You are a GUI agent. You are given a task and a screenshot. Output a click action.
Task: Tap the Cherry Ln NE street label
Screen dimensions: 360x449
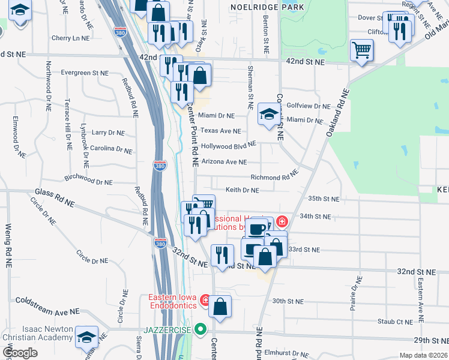[x=71, y=38]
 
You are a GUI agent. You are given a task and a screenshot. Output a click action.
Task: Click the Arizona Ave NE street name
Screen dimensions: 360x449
[x=224, y=161]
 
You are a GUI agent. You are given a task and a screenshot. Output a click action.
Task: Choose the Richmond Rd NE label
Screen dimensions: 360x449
[x=274, y=178]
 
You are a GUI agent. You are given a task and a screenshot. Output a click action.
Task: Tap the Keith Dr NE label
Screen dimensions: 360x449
[x=242, y=190]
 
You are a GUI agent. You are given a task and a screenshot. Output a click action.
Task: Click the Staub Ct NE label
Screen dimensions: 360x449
[x=395, y=322]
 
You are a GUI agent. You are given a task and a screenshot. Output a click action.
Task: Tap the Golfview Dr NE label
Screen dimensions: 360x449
[x=309, y=106]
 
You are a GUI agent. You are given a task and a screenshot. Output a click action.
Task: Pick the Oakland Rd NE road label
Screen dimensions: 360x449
[x=337, y=113]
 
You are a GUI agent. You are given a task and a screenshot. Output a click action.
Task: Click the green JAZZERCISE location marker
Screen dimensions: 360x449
[x=201, y=329]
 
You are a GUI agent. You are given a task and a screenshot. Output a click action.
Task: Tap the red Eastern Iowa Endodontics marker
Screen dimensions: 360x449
[x=205, y=299]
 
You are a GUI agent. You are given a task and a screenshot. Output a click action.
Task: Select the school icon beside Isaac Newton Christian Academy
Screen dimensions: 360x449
[x=88, y=337]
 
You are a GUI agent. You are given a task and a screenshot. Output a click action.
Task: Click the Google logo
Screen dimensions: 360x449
[x=20, y=352]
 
